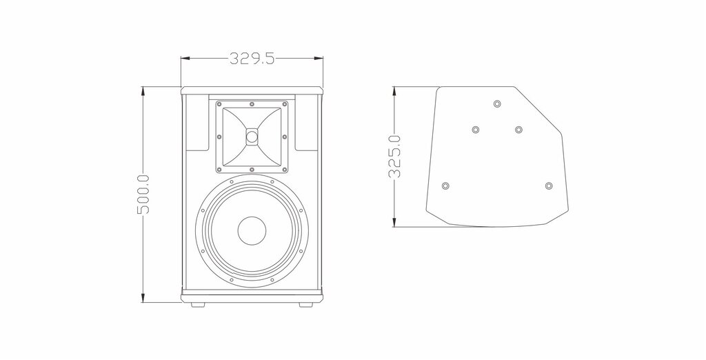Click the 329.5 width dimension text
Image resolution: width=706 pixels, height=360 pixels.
(x=252, y=58)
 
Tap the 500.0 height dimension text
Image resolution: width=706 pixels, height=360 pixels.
(x=143, y=194)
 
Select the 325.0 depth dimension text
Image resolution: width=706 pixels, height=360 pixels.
(x=394, y=157)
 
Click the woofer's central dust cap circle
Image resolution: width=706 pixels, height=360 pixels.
(x=252, y=231)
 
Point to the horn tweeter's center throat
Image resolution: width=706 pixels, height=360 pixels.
(x=252, y=136)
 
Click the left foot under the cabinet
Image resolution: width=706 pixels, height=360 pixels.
(x=197, y=305)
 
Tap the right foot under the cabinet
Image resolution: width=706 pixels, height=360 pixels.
(x=305, y=305)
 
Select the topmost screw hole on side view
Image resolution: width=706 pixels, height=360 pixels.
(x=496, y=103)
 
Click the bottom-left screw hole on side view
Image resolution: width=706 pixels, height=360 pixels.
(x=445, y=186)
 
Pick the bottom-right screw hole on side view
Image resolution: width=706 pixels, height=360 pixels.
(x=548, y=186)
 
